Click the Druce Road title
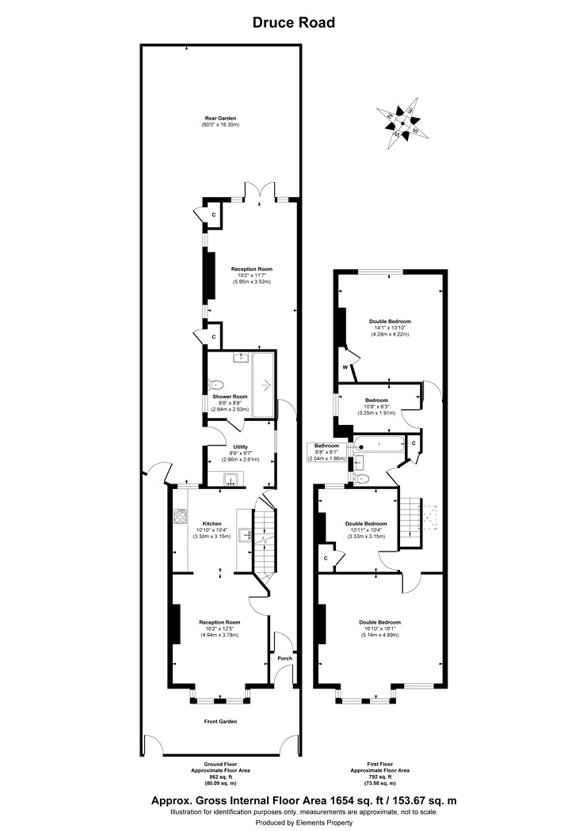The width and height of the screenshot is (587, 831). click(x=293, y=23)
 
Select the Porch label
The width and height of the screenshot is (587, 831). click(x=284, y=658)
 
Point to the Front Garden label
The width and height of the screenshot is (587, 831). click(x=221, y=721)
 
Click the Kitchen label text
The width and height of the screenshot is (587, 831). click(x=212, y=523)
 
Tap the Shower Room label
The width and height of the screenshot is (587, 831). click(x=229, y=396)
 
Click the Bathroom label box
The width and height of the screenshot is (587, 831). click(x=326, y=446)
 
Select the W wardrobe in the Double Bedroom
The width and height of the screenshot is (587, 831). click(x=345, y=368)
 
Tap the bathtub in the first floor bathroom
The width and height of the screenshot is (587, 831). click(x=379, y=444)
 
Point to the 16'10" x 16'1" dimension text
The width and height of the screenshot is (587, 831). click(x=379, y=628)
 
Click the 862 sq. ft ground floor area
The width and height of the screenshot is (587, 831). click(x=221, y=776)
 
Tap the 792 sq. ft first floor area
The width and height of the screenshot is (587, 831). click(x=381, y=776)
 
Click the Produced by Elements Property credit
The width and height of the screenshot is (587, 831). click(x=293, y=823)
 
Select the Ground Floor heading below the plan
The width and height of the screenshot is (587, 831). click(x=221, y=765)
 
